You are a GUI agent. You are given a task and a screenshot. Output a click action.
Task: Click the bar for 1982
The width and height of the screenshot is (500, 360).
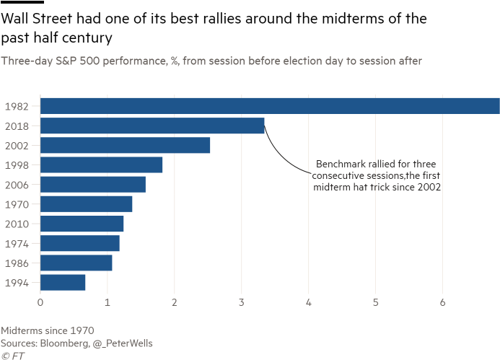[x=270, y=105]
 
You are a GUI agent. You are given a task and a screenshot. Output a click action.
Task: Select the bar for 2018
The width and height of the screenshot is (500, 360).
[x=152, y=126]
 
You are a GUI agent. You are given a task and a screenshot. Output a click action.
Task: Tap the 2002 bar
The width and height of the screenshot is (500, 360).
[x=126, y=145]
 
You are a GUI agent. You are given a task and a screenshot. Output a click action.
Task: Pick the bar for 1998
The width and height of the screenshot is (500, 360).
[x=102, y=164]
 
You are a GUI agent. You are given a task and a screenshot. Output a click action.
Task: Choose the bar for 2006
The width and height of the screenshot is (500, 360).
[x=93, y=185]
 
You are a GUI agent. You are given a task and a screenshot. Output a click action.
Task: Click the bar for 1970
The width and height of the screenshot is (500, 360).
[x=87, y=204]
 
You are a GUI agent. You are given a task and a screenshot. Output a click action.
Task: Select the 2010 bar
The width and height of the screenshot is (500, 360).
[x=82, y=224]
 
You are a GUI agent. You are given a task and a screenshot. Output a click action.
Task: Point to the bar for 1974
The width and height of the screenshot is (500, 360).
[x=80, y=243]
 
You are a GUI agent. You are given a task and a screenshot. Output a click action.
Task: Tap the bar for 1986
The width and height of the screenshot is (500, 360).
[x=76, y=263]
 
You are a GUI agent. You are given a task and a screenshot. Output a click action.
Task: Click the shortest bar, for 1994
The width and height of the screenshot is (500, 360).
[x=63, y=282]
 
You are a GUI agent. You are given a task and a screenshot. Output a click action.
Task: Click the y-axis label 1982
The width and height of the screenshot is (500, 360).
[x=16, y=106]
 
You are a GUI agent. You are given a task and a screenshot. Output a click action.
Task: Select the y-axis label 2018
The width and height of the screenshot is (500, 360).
[x=16, y=126]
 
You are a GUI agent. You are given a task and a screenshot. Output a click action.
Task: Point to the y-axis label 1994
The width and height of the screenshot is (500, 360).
[x=16, y=283]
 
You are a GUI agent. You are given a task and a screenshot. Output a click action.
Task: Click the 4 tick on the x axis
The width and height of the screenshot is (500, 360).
[x=309, y=302]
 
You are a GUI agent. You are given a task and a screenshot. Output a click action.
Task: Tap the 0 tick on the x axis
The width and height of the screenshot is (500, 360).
[x=40, y=302]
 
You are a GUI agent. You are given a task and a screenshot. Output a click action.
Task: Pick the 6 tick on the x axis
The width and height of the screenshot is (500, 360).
[x=443, y=302]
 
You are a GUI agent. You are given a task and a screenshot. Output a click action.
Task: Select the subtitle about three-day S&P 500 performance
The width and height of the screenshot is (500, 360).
[x=211, y=61]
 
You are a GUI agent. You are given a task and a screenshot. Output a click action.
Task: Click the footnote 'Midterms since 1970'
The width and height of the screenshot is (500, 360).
[x=48, y=330]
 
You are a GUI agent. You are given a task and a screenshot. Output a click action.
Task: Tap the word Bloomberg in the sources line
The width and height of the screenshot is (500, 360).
[x=69, y=343]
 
